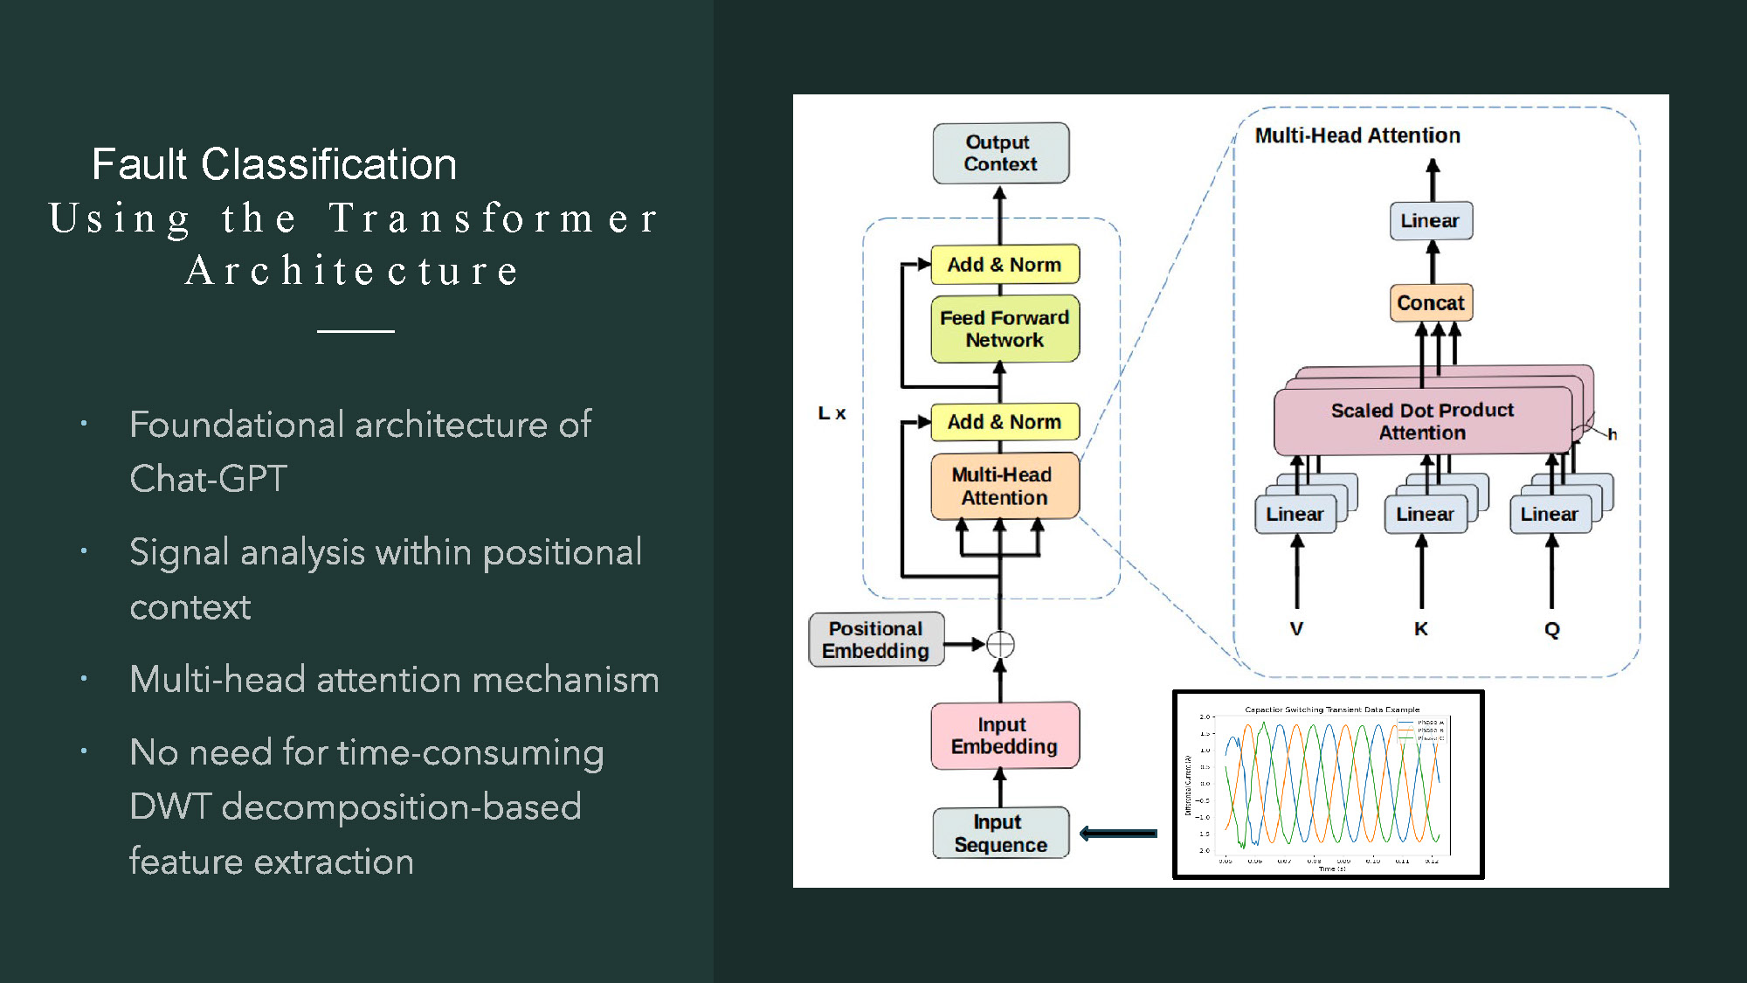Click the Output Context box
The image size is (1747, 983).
(1000, 153)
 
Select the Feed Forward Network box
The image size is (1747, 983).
(1005, 329)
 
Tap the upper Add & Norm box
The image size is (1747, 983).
(1005, 264)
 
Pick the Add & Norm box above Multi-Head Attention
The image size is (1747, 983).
(1005, 421)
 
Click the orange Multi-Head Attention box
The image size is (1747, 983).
(1004, 486)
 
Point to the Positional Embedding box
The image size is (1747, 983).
(876, 640)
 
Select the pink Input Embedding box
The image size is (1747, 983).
(1004, 736)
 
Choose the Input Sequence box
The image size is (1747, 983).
(1000, 834)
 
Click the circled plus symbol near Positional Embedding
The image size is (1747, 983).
(1000, 645)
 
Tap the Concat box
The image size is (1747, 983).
(1430, 303)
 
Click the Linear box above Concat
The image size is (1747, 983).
(1430, 220)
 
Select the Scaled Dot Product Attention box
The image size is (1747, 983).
(1422, 421)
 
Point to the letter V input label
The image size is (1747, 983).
(1296, 629)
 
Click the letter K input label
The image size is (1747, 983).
(1421, 629)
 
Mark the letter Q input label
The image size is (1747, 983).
(1551, 629)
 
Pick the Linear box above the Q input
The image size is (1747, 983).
(1550, 514)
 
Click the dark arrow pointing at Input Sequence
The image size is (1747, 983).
(1119, 834)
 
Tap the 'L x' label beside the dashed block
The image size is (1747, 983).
(832, 413)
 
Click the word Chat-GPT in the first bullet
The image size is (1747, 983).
(208, 479)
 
